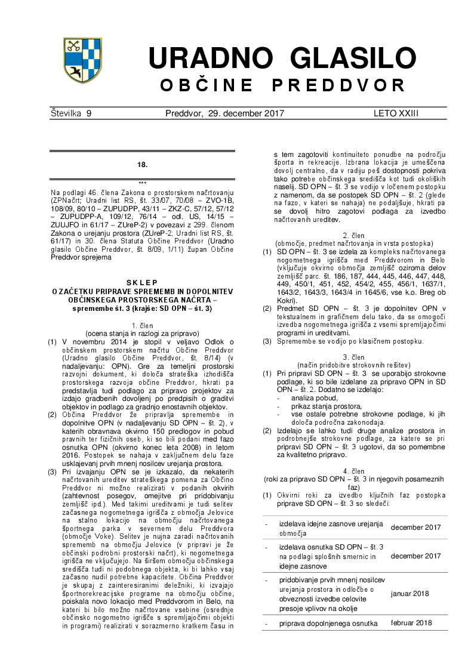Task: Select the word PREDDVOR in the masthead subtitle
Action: coord(339,85)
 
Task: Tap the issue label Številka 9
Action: coord(71,113)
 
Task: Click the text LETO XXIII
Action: coord(396,113)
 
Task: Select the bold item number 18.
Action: coord(142,164)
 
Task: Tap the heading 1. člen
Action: coord(141,325)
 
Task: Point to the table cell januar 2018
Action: coord(411,594)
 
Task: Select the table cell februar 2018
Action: coord(411,623)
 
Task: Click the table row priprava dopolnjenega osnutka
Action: coord(328,623)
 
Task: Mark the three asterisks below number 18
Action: coord(142,183)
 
